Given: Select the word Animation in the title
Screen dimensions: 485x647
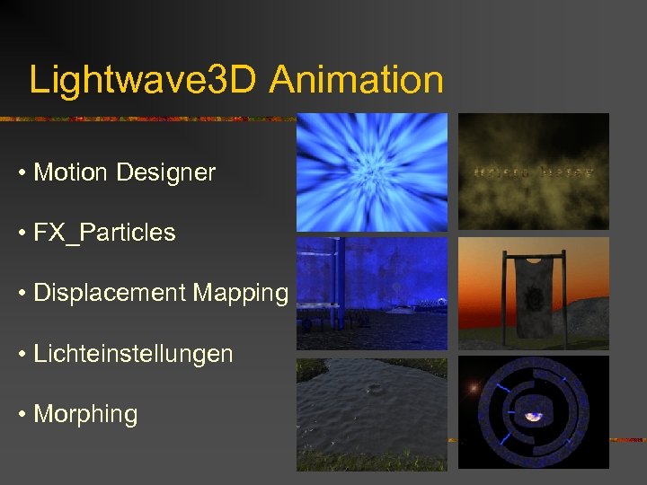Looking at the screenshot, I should coord(356,80).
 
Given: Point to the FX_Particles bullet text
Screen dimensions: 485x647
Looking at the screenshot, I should coord(104,233).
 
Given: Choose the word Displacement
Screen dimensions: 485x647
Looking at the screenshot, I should coord(96,293).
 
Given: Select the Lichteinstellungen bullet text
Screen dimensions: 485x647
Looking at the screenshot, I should coord(133,354).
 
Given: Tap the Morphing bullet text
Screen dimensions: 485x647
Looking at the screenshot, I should coord(85,414).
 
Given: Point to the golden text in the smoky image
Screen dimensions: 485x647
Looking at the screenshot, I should coord(534,171).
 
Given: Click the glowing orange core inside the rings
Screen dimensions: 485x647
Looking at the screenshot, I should coord(534,416).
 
